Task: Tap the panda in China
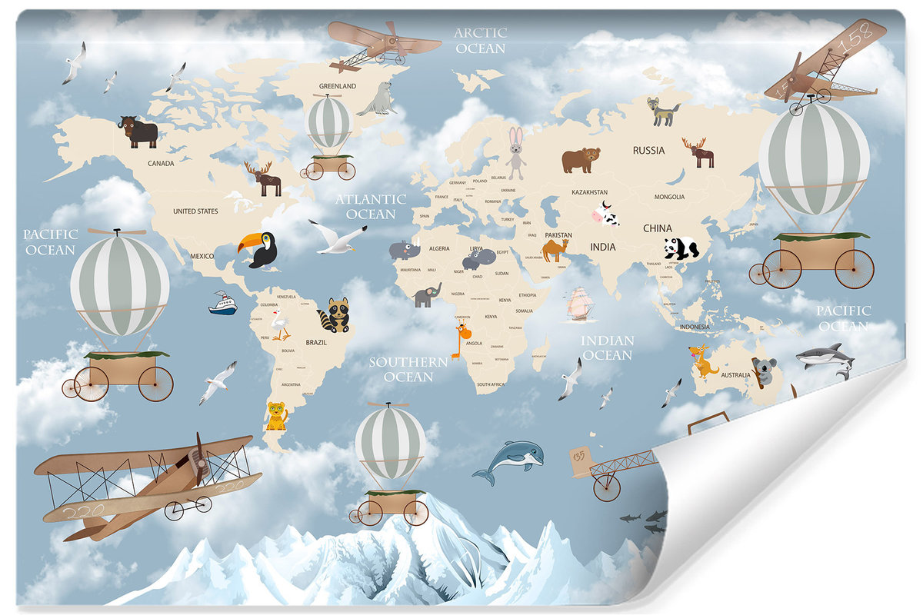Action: (x=681, y=248)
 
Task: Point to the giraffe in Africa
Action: (x=461, y=339)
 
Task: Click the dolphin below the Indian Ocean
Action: (x=509, y=460)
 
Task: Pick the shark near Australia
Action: (x=826, y=357)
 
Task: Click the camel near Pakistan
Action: (x=555, y=249)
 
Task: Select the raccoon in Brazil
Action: (x=336, y=314)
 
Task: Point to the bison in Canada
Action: (x=138, y=131)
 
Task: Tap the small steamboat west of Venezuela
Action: (x=223, y=304)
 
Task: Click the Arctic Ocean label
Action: (x=480, y=40)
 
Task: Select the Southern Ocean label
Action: (x=408, y=369)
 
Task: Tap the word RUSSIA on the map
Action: (x=648, y=150)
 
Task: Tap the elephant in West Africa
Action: (x=426, y=294)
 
